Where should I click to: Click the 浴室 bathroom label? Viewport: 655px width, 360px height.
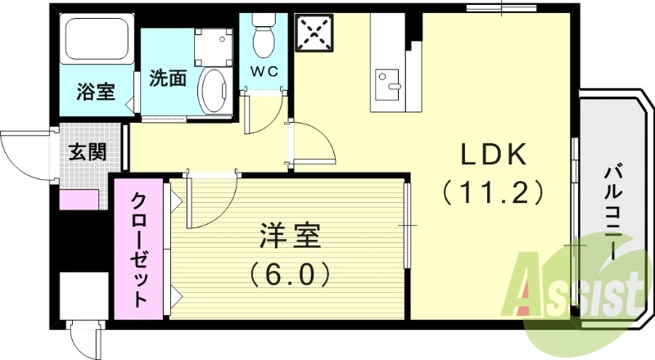coord(96,92)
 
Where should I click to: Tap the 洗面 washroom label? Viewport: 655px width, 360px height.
coord(167,80)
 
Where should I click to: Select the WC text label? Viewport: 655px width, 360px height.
coord(264,71)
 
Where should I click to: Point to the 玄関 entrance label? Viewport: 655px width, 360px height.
coord(85,152)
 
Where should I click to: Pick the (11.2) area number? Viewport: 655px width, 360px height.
coord(493,193)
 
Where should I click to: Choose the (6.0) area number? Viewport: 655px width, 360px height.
coord(290,272)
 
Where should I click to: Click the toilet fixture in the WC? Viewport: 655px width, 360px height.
coord(264,36)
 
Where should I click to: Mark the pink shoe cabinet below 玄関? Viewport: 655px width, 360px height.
coord(79,199)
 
